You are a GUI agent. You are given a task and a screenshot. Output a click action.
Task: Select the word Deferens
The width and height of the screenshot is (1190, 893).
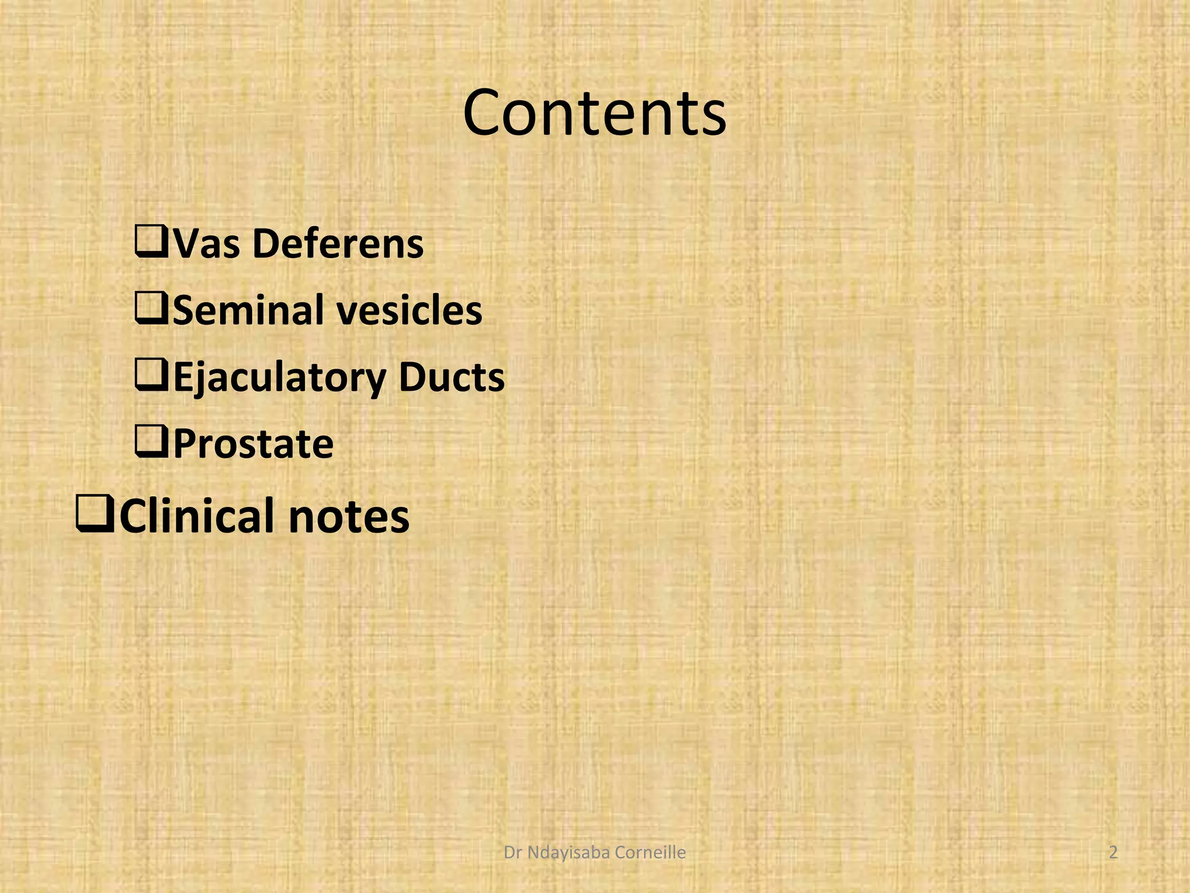(x=338, y=244)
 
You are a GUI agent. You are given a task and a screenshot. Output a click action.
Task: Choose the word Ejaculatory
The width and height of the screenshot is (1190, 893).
(x=279, y=378)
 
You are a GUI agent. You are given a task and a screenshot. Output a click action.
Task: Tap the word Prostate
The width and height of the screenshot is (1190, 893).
(x=253, y=444)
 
